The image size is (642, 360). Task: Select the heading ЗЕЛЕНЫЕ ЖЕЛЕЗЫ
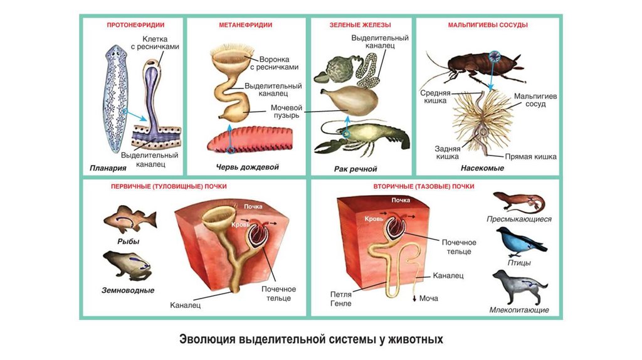tap(360, 25)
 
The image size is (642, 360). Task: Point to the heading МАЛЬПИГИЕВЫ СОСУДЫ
tap(488, 25)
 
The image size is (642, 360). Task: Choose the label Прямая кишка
tap(530, 157)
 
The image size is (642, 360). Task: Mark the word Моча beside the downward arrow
tap(428, 299)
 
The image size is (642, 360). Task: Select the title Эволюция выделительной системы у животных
tap(312, 340)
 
